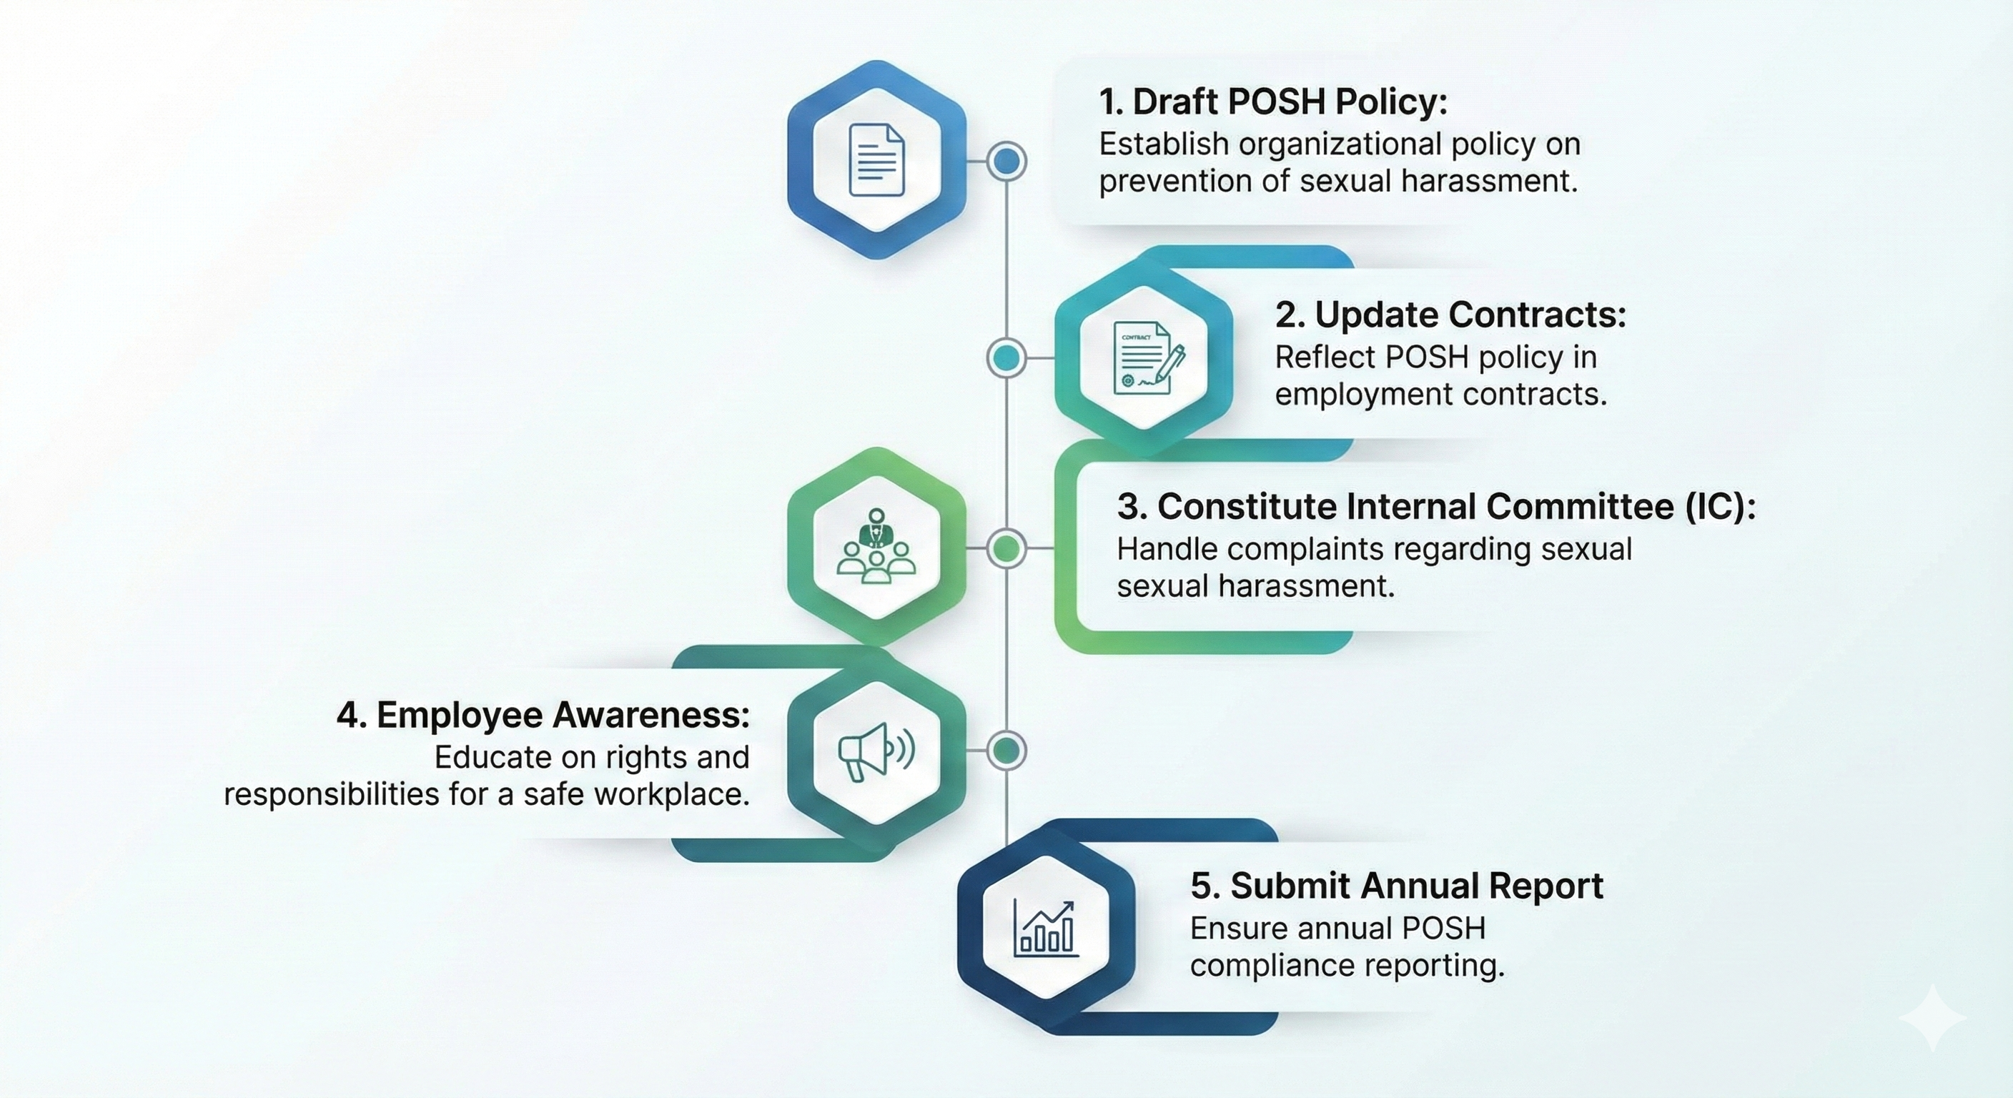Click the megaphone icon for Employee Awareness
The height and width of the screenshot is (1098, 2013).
pyautogui.click(x=876, y=751)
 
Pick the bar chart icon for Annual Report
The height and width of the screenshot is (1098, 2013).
pyautogui.click(x=1046, y=928)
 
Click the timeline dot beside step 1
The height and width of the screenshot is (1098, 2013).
pyautogui.click(x=1006, y=162)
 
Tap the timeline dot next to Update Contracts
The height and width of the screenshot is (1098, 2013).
pyautogui.click(x=1006, y=358)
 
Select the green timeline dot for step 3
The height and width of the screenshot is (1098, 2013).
pyautogui.click(x=1006, y=548)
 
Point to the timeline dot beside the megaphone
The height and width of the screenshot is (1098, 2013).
pyautogui.click(x=1006, y=751)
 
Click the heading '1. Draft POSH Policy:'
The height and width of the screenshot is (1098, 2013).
pyautogui.click(x=1273, y=102)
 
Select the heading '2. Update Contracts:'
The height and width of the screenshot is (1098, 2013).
pyautogui.click(x=1450, y=315)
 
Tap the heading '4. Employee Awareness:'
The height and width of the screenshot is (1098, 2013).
pyautogui.click(x=543, y=715)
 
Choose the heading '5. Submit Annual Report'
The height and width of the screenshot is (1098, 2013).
pyautogui.click(x=1396, y=886)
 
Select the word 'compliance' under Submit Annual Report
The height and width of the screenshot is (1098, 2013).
pyautogui.click(x=1260, y=966)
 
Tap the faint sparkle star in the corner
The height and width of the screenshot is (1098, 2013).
pyautogui.click(x=1932, y=1017)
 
